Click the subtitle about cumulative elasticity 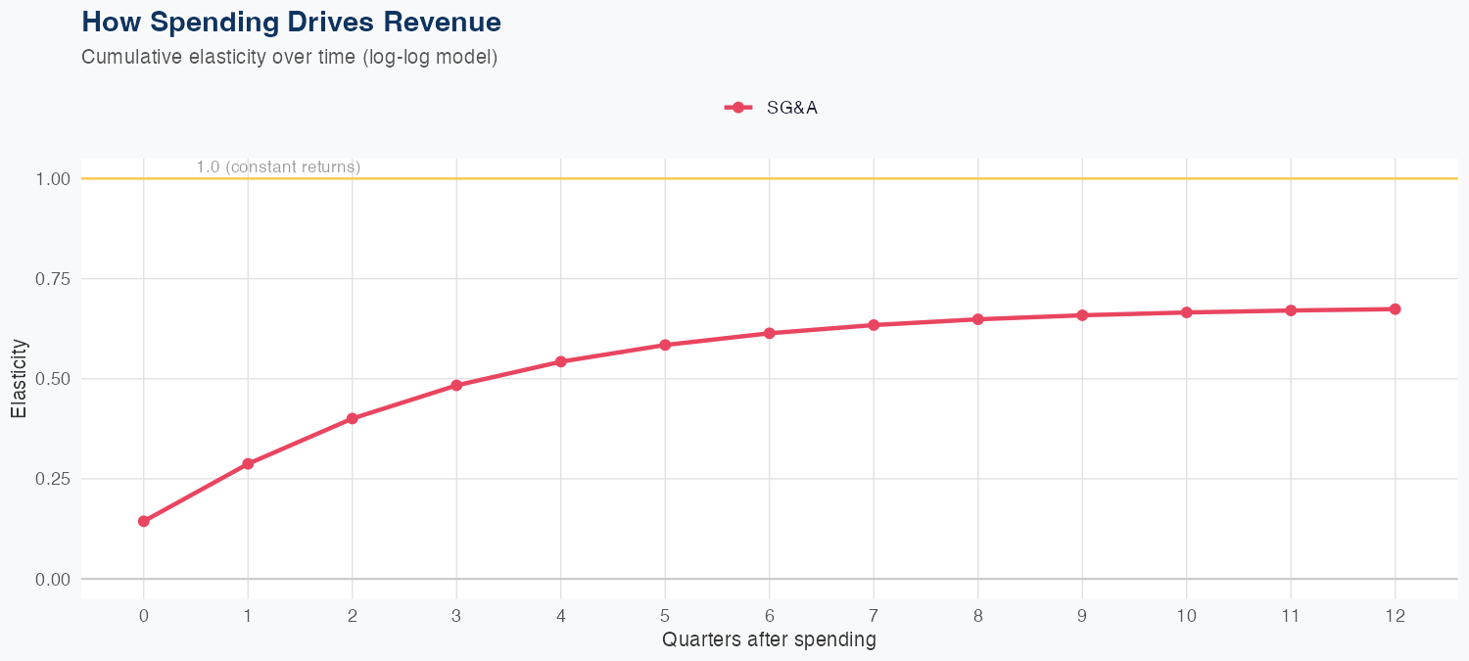289,57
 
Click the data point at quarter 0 144,521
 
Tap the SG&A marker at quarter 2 353,418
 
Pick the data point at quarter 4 561,361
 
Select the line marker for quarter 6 770,333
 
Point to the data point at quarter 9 1082,315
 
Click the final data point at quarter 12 1396,309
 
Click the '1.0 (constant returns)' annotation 278,167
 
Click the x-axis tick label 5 665,616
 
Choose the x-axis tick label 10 1187,616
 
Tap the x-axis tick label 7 874,616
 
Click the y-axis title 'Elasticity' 19,378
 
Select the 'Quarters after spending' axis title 769,640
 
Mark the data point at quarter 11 1291,310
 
